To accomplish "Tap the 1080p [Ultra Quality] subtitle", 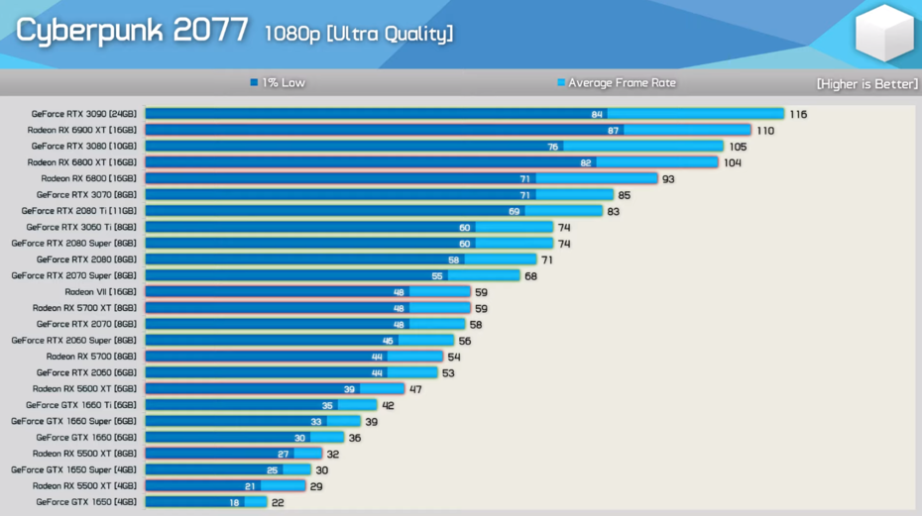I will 358,34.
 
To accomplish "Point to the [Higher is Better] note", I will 867,84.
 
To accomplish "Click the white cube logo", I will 884,34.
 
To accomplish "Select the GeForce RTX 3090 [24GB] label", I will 85,114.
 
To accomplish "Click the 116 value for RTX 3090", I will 798,114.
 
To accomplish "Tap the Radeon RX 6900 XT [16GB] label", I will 83,130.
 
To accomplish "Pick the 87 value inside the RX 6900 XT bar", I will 614,130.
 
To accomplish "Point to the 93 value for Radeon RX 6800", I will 669,178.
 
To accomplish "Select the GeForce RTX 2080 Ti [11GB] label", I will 79,211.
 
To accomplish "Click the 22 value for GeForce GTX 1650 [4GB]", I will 279,502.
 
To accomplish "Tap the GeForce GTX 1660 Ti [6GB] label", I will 81,405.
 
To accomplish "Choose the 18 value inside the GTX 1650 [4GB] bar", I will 235,502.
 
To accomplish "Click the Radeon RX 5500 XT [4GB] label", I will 85,486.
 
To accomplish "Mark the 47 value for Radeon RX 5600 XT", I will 415,389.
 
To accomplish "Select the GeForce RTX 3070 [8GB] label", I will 87,195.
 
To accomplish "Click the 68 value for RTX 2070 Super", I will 531,275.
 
